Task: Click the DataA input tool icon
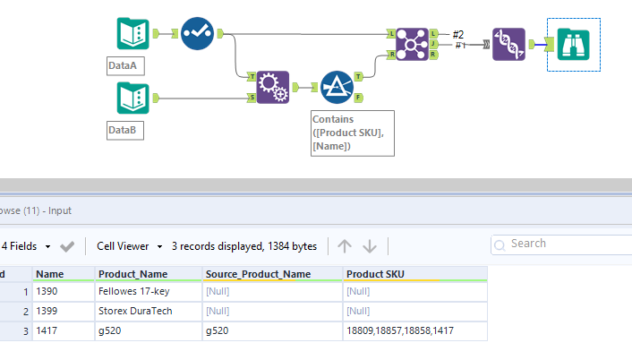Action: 132,34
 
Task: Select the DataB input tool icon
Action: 132,98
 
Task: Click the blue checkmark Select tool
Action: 197,34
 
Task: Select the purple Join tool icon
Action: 409,44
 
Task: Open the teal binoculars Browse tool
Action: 572,44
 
